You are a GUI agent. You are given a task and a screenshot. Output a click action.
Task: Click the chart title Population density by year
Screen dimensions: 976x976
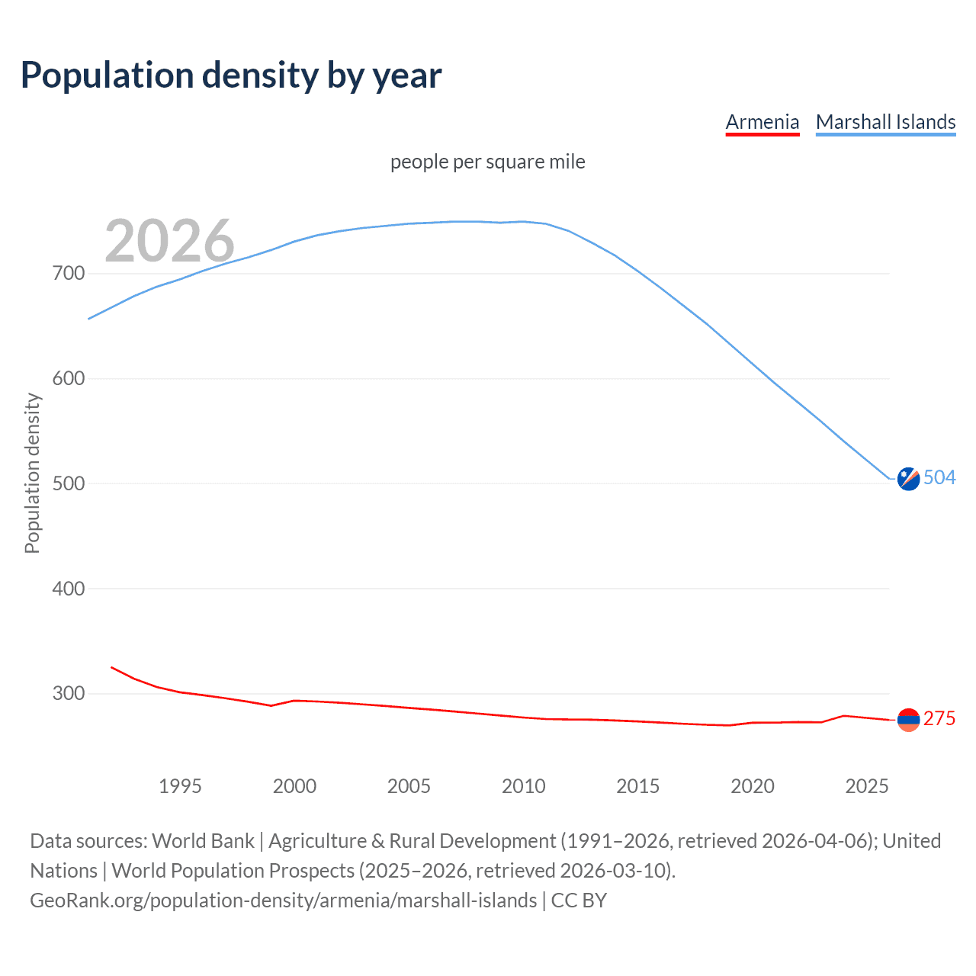point(231,75)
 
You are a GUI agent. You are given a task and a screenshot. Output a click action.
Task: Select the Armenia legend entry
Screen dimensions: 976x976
point(762,122)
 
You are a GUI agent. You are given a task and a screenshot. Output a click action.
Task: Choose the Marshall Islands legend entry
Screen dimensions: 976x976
point(885,122)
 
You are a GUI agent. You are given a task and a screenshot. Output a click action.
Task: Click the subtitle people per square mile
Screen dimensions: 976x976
point(487,162)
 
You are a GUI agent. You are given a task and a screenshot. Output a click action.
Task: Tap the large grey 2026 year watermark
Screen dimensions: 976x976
point(169,241)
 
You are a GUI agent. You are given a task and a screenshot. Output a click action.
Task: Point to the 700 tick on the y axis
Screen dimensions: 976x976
point(69,273)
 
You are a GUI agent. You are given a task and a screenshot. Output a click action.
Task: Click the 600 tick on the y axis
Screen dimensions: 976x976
point(69,378)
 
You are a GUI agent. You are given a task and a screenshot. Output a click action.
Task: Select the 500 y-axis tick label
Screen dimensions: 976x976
point(69,483)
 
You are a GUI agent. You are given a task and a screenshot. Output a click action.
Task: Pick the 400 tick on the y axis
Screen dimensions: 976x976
point(69,589)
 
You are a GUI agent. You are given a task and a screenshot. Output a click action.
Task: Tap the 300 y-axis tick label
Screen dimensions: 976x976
point(69,694)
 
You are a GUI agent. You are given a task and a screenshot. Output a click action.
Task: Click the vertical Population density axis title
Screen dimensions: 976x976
point(32,473)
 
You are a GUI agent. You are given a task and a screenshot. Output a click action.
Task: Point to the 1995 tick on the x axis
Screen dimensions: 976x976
point(180,786)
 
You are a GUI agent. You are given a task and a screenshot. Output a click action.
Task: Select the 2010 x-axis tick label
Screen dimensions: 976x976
point(523,786)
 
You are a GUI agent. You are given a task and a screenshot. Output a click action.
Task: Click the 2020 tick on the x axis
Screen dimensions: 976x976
point(753,786)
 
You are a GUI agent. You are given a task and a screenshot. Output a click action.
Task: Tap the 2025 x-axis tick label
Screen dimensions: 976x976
point(867,786)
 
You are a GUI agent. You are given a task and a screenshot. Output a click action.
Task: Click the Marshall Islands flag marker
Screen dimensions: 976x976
point(908,479)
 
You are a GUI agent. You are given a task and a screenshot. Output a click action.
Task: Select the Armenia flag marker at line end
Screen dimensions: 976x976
point(908,719)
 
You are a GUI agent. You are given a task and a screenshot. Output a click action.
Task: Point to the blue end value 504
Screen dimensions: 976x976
point(939,478)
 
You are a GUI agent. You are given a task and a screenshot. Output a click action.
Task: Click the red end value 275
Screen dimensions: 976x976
point(939,719)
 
